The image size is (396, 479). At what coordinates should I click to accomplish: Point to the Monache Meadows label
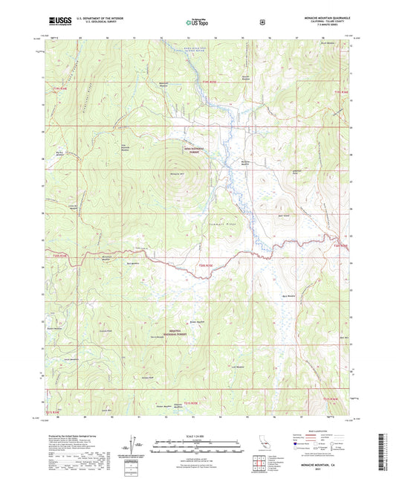(246, 163)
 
